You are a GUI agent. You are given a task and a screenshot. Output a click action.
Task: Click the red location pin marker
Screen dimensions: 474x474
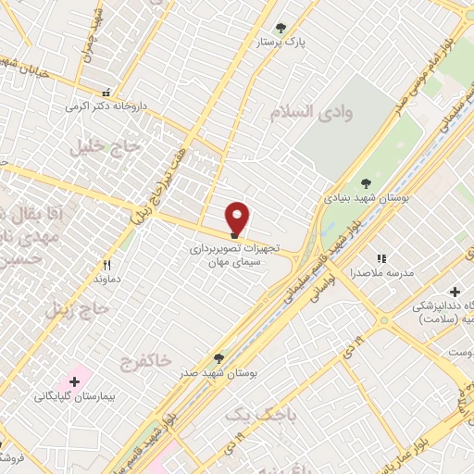click(238, 217)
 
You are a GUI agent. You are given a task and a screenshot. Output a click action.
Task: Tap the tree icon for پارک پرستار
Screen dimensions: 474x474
click(281, 28)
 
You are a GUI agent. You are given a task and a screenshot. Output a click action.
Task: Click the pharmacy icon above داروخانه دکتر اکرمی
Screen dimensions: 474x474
click(106, 93)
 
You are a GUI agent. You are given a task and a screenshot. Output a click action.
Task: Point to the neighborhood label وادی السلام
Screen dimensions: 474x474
click(313, 112)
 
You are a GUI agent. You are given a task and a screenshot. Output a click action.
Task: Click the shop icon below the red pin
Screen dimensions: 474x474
click(233, 234)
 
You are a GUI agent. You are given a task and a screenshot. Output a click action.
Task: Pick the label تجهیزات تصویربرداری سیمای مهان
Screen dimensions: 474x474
click(234, 256)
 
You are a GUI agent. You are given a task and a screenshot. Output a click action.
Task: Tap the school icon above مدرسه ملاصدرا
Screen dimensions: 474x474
click(380, 258)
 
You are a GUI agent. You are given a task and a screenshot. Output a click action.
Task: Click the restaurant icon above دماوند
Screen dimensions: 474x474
click(107, 263)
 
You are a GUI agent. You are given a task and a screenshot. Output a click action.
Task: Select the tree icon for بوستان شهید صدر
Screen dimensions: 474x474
click(218, 357)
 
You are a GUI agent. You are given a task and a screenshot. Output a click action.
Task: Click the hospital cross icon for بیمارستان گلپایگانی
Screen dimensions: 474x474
click(74, 381)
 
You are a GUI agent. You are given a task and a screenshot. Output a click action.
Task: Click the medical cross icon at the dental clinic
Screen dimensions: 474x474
click(455, 293)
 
